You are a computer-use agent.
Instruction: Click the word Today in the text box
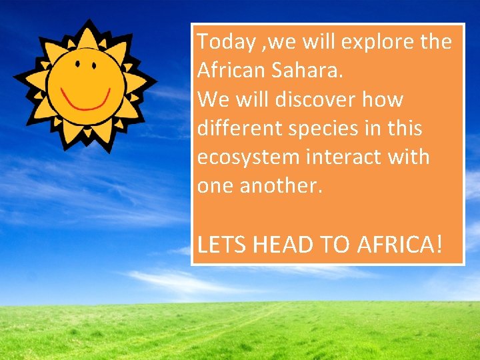[225, 43]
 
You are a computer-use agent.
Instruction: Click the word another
[288, 186]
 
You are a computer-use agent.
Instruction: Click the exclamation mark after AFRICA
[437, 245]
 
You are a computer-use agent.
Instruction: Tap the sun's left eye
[77, 65]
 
